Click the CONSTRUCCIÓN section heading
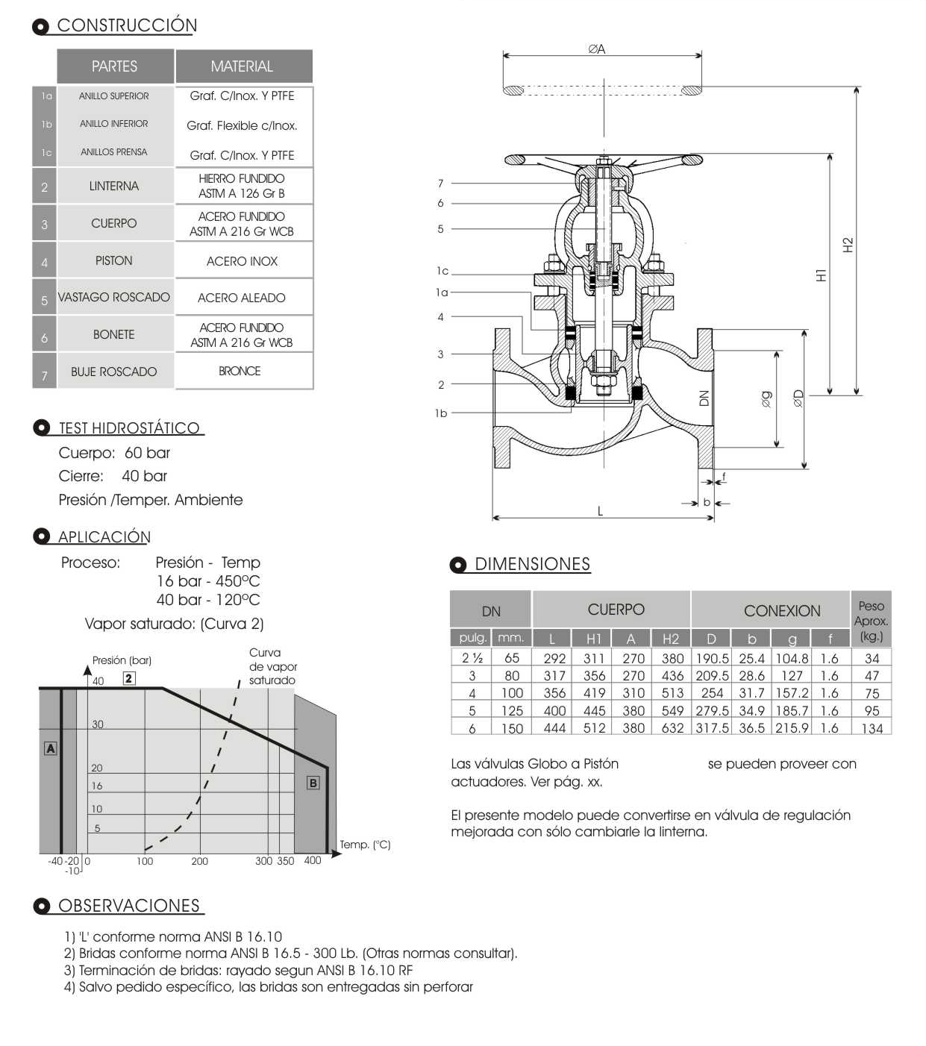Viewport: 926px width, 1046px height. pos(127,25)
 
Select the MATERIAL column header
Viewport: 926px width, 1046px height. pos(242,66)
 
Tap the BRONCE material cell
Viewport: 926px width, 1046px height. pos(240,371)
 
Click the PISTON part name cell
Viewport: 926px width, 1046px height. pos(113,260)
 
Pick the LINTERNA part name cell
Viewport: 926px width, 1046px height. pos(113,186)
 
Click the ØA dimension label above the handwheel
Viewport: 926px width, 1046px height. pos(596,49)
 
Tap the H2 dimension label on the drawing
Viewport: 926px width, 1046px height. pos(848,245)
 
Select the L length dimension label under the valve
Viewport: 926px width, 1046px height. pos(600,511)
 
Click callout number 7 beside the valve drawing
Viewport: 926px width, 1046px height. pos(440,184)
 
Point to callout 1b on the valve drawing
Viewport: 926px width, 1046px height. pos(441,413)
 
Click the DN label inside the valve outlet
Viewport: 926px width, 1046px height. pos(704,398)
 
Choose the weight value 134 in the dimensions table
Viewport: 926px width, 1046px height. pos(872,728)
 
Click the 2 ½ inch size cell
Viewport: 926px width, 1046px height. pos(472,658)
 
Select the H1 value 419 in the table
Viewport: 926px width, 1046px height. pos(594,693)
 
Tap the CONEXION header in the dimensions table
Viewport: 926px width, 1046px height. pos(781,611)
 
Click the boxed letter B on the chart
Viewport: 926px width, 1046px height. pos(313,783)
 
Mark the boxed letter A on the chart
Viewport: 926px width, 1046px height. pos(51,748)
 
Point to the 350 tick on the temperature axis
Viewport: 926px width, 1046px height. pos(285,861)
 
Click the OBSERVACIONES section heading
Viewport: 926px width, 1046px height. pos(128,906)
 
